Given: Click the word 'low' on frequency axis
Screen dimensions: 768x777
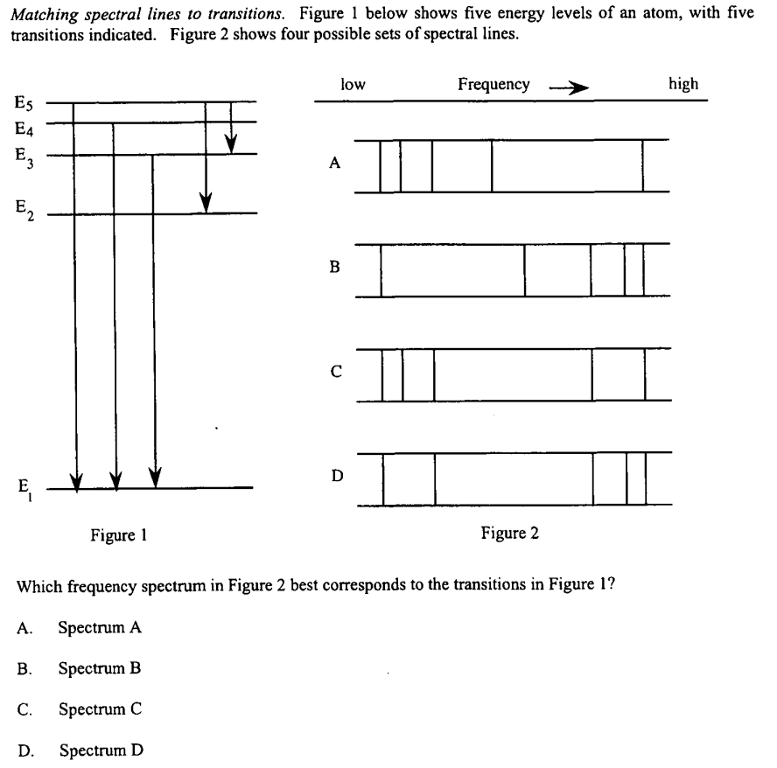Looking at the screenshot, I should click(353, 84).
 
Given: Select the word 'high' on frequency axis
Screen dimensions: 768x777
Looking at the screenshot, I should click(683, 84).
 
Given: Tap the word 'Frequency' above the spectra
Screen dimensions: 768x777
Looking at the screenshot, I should click(493, 85).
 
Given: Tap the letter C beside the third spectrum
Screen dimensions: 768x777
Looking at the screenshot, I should click(333, 371).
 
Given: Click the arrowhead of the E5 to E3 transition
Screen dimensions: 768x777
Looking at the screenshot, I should click(231, 143).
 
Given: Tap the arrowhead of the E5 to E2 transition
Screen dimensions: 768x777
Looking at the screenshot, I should click(206, 202).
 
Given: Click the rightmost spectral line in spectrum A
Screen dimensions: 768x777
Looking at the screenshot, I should click(643, 165).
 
